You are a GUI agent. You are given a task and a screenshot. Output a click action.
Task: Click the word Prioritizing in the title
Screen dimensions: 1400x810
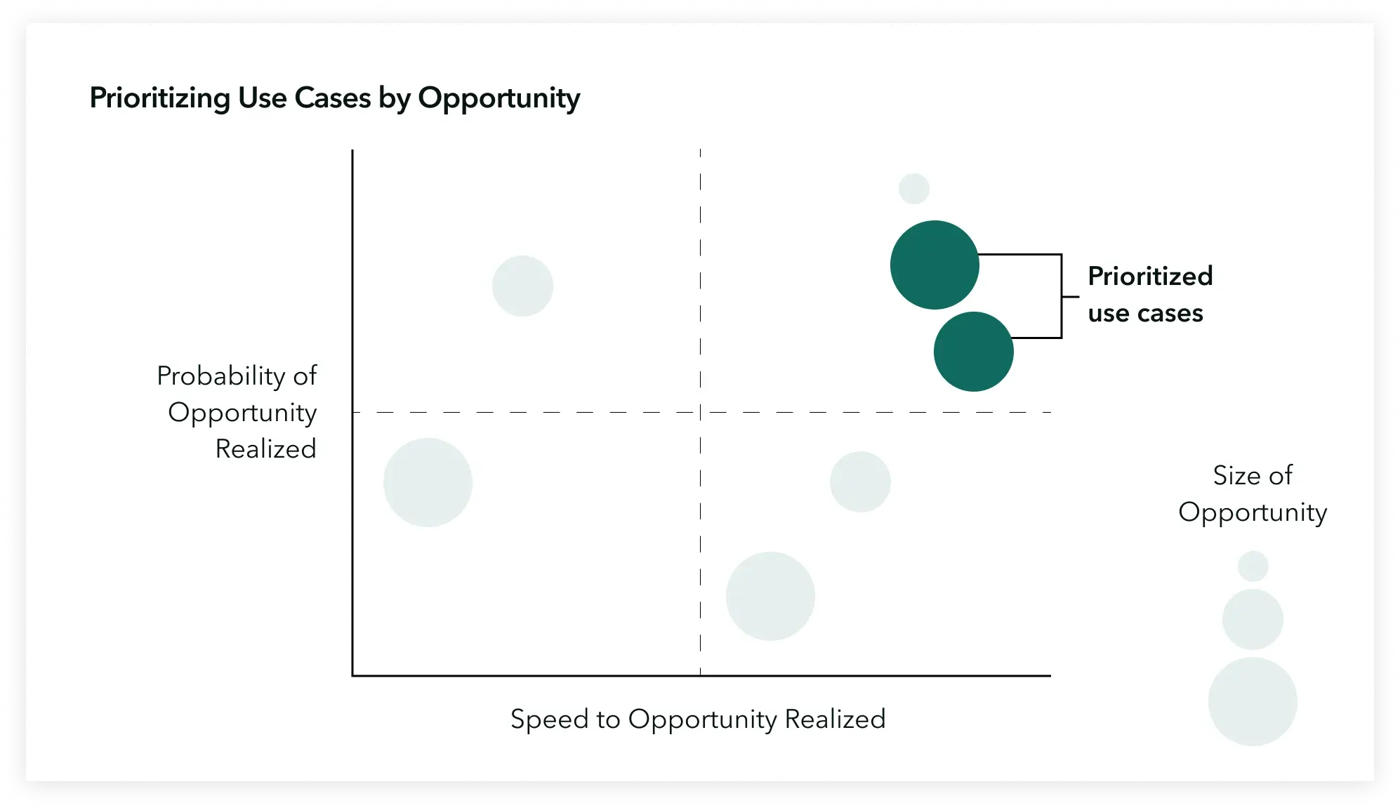tap(160, 98)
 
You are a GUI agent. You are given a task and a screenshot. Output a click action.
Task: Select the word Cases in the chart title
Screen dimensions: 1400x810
tap(333, 98)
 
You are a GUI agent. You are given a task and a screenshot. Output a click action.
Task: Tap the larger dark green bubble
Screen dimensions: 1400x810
tap(935, 265)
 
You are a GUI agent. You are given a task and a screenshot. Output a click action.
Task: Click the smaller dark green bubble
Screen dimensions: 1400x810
tap(974, 352)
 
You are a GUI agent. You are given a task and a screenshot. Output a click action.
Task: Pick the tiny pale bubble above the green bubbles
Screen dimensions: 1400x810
tap(914, 189)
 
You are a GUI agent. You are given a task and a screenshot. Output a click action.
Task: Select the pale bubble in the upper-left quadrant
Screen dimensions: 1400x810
tap(522, 286)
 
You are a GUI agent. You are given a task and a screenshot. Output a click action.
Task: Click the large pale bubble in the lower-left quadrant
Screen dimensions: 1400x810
tap(428, 482)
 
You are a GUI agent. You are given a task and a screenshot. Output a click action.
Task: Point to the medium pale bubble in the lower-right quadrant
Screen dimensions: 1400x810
tap(860, 482)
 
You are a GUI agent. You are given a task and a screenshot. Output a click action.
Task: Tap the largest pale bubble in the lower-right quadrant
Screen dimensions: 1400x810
tap(770, 596)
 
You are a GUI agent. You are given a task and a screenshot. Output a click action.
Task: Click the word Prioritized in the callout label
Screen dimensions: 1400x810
tap(1150, 276)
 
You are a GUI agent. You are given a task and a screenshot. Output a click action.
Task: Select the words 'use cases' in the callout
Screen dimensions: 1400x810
tap(1146, 313)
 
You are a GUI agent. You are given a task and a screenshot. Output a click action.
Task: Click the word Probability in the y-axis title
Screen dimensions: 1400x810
tap(220, 376)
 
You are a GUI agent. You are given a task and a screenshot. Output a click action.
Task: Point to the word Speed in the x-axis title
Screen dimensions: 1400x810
tap(550, 719)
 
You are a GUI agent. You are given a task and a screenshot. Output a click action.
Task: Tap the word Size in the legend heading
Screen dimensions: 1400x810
tap(1235, 475)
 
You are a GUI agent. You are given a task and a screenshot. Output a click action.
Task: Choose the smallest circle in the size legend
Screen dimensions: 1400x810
tap(1253, 566)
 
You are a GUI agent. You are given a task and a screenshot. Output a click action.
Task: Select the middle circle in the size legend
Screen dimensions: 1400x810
tap(1253, 619)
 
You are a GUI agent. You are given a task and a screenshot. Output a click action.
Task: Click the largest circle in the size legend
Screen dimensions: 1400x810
tap(1253, 701)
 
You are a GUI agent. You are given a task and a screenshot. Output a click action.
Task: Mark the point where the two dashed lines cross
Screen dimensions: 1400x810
tap(700, 412)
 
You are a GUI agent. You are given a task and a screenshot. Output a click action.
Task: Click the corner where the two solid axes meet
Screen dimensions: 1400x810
tap(352, 675)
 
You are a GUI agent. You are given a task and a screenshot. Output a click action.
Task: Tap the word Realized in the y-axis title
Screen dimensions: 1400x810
tap(266, 449)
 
